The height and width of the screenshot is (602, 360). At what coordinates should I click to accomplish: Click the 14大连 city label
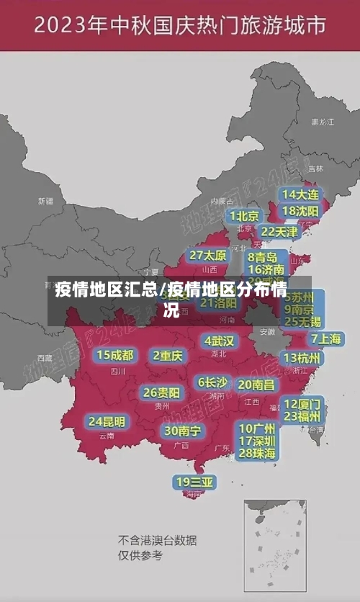click(x=300, y=195)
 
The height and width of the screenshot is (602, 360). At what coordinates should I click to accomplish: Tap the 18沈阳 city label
click(x=300, y=211)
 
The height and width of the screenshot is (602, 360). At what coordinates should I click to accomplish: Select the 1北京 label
click(x=244, y=216)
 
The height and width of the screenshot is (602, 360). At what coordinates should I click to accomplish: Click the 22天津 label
click(x=279, y=232)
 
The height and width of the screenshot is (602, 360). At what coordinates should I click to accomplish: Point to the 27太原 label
click(x=208, y=256)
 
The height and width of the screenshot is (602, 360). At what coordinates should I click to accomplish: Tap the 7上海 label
click(x=326, y=339)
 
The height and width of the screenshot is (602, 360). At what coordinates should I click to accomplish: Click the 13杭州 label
click(x=302, y=358)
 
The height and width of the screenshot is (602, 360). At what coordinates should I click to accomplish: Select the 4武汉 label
click(x=219, y=341)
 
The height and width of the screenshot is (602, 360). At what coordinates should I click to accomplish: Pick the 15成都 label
click(x=115, y=355)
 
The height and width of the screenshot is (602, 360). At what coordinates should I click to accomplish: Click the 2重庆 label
click(x=168, y=356)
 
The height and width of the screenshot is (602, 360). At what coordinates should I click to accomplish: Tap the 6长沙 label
click(x=212, y=382)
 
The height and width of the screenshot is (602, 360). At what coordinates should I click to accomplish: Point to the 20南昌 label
click(x=256, y=385)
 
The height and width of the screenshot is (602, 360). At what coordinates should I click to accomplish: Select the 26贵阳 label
click(x=161, y=393)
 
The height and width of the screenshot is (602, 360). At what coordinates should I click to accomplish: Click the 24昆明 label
click(x=107, y=421)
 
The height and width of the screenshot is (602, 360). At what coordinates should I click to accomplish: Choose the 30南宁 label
click(x=182, y=431)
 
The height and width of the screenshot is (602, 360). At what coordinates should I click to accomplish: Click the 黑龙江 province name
click(x=322, y=122)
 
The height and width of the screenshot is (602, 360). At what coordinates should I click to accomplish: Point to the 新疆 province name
click(x=45, y=201)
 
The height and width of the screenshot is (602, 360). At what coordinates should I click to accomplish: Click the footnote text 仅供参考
click(x=140, y=555)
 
